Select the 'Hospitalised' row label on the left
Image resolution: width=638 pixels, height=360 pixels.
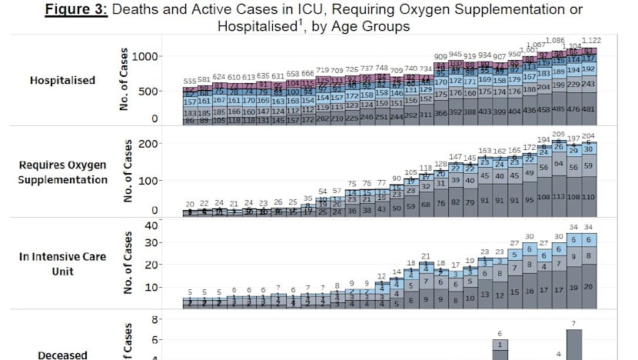coord(62,80)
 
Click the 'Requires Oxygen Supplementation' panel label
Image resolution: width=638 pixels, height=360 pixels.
coord(63,172)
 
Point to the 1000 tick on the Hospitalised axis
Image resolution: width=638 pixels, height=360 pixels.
coord(145,57)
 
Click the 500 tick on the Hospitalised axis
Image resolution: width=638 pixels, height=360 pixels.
coord(149,91)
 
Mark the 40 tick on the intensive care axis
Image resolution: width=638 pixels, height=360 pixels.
coord(151,225)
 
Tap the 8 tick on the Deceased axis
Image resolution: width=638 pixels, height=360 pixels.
coord(155,318)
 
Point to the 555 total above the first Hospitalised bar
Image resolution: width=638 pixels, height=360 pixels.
coord(190,81)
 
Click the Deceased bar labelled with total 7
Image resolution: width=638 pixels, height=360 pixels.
coord(574,345)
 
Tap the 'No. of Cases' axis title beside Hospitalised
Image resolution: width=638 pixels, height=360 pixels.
coord(123,81)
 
